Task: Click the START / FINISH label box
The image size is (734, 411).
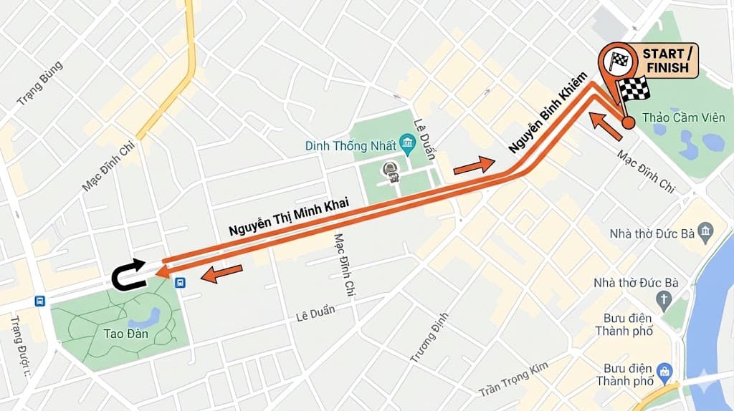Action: [x=667, y=61]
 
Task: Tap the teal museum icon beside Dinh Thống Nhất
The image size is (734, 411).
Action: [x=408, y=144]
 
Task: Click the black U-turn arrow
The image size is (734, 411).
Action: [x=128, y=274]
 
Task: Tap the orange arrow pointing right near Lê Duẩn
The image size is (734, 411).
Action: [x=474, y=165]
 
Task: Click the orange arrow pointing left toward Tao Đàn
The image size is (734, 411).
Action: [x=222, y=273]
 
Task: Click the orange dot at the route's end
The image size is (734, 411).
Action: [x=628, y=122]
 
